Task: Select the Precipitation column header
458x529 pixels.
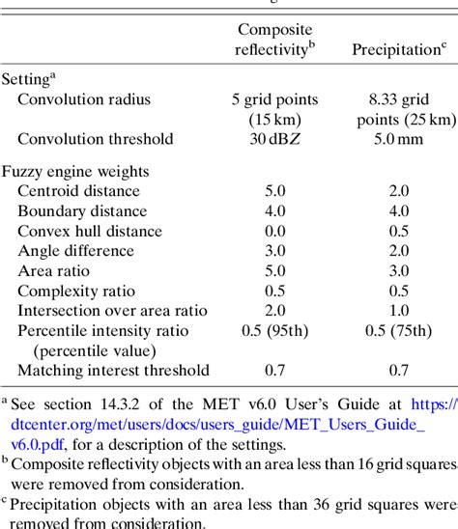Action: click(397, 49)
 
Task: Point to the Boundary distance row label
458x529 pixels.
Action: click(82, 211)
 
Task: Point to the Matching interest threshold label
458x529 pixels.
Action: click(113, 371)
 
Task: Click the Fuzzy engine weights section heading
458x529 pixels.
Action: click(71, 171)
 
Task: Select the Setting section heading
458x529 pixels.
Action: click(30, 79)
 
